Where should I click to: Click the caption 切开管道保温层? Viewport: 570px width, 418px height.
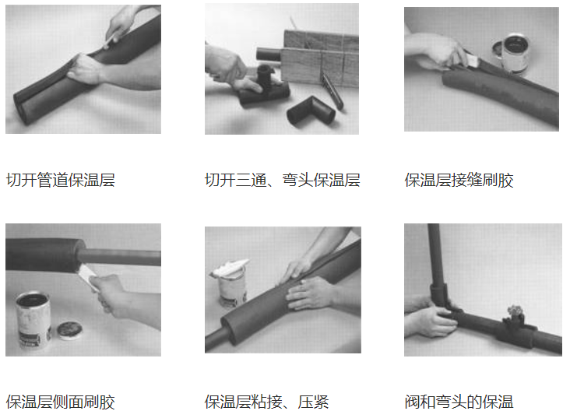[60, 181]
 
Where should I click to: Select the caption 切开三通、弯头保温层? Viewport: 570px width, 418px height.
[282, 181]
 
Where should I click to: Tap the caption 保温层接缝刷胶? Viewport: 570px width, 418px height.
[459, 181]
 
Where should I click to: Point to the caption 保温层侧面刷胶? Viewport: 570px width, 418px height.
[60, 402]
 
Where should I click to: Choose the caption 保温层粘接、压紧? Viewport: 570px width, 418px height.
[266, 402]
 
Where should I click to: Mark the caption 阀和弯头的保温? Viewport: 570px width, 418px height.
[459, 402]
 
